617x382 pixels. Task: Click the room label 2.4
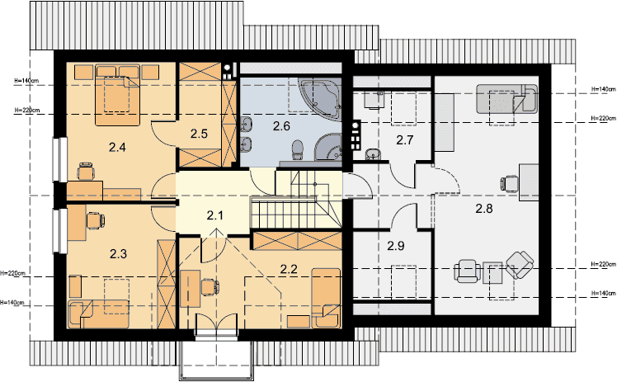117,148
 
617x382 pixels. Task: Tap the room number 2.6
281,126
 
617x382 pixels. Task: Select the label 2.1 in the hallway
214,215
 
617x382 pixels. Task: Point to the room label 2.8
484,209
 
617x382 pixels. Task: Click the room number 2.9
395,246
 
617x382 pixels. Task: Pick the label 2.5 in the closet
199,134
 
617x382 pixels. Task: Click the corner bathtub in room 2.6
319,99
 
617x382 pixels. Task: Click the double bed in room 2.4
118,96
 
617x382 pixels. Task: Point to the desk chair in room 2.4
86,172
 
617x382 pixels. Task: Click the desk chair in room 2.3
95,220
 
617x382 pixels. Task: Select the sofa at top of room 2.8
506,99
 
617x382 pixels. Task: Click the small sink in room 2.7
372,154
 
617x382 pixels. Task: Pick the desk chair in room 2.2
210,287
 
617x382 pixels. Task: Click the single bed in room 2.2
326,298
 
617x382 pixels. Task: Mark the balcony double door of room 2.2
216,324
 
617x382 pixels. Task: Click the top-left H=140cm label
26,81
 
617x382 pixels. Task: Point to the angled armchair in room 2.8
520,266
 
